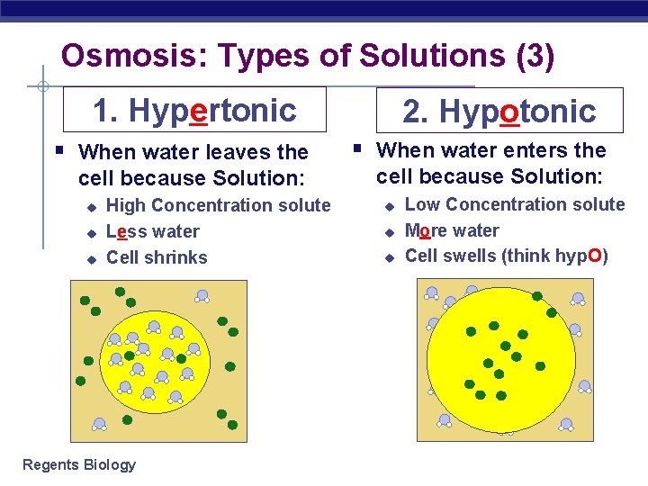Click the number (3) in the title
click(535, 57)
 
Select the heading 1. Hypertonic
click(194, 110)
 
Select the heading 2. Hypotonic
click(499, 111)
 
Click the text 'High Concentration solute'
click(218, 205)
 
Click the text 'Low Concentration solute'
click(515, 204)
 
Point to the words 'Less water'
click(152, 231)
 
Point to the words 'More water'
click(452, 230)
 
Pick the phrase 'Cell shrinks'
click(157, 257)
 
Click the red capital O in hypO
click(594, 256)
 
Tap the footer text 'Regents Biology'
click(79, 464)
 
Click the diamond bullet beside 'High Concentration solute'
click(90, 207)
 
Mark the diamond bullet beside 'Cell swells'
click(389, 258)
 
